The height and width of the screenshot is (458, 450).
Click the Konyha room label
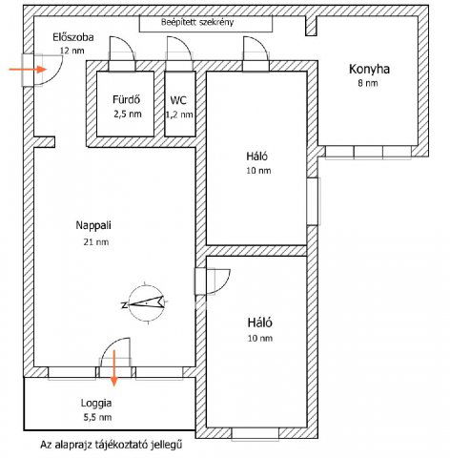369,70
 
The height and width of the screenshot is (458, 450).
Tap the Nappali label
93,225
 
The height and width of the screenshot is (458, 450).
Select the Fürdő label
126,99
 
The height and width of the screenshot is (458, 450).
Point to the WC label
178,100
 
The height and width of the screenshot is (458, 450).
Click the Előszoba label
73,37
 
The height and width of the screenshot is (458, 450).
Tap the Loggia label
96,404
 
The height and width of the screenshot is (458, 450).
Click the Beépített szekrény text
197,23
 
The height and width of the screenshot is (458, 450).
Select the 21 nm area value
96,242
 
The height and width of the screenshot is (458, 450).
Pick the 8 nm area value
368,83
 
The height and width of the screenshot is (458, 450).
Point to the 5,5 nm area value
97,417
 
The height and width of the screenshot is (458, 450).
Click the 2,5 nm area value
128,114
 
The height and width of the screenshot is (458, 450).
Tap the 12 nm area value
72,51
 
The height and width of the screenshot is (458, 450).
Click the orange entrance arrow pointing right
28,69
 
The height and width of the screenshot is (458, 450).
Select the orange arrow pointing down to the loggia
114,368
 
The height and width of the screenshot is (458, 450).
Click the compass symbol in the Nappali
146,303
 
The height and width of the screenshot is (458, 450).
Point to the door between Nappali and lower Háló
213,281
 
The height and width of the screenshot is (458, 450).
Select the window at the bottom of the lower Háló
256,433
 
